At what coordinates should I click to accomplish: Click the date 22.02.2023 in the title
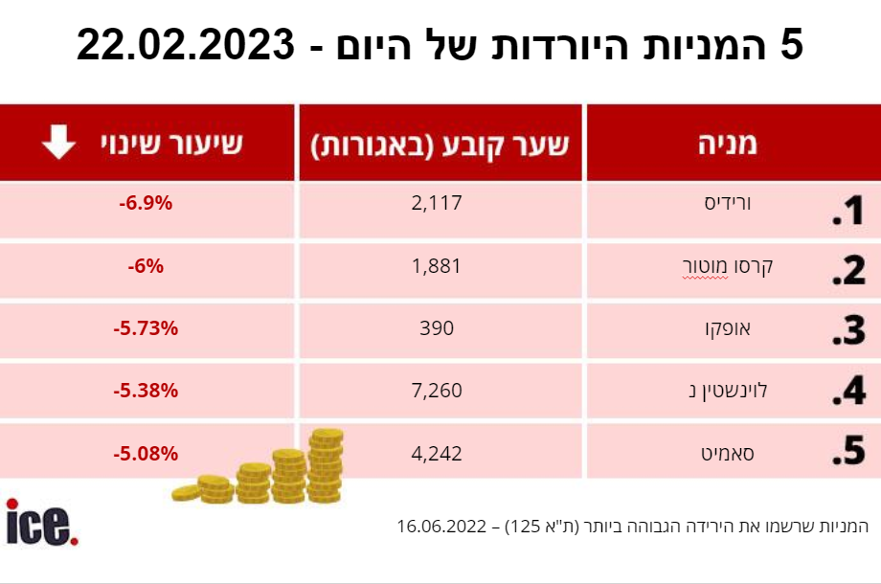click(x=186, y=45)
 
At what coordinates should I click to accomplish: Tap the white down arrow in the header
click(x=58, y=142)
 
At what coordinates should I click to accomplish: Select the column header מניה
click(x=728, y=144)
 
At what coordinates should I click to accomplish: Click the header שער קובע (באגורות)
click(x=440, y=145)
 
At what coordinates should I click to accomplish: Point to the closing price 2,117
click(x=437, y=203)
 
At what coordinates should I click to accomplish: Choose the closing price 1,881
click(x=436, y=265)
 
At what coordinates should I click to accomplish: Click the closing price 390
click(x=437, y=328)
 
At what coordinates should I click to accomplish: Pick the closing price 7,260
click(x=437, y=391)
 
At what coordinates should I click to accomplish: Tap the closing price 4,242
click(x=437, y=453)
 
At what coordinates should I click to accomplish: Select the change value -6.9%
click(x=146, y=203)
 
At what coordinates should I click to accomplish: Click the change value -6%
click(x=146, y=265)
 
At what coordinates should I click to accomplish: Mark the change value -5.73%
click(x=146, y=328)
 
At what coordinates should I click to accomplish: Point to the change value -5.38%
click(x=146, y=391)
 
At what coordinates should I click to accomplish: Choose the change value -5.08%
click(x=146, y=453)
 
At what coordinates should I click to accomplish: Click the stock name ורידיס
click(x=728, y=203)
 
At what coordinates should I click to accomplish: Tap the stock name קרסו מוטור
click(x=728, y=266)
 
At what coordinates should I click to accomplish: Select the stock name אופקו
click(x=728, y=328)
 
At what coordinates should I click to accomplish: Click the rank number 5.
click(x=848, y=450)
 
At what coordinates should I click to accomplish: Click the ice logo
click(x=42, y=522)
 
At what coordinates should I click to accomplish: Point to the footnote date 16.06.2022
click(x=441, y=527)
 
